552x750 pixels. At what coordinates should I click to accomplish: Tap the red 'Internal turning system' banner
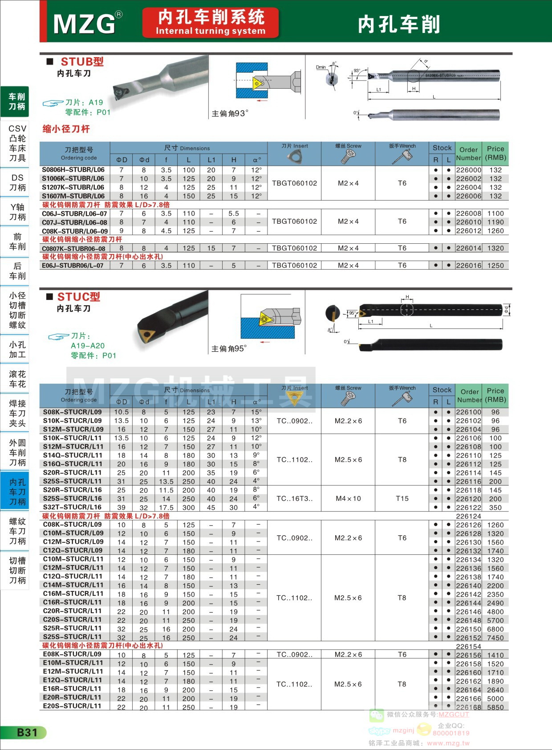[211, 22]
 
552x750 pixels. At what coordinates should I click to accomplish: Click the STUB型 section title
[82, 62]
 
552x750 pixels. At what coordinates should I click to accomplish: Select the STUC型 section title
[79, 297]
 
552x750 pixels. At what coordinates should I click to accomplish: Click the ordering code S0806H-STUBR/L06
[73, 170]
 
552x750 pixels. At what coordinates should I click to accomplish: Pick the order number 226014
[468, 248]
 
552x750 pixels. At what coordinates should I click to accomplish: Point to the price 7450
[495, 638]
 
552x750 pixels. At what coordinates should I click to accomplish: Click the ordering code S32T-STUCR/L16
[72, 507]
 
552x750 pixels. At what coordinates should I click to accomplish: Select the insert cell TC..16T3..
[294, 499]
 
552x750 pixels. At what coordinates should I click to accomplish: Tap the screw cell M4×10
[348, 499]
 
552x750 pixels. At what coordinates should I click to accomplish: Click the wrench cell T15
[402, 499]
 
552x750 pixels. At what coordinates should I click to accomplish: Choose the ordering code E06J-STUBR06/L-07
[73, 266]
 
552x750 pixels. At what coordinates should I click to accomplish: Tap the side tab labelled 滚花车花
[17, 379]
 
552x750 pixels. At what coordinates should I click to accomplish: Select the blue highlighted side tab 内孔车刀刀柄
[17, 492]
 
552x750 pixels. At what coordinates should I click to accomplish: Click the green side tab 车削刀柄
[17, 102]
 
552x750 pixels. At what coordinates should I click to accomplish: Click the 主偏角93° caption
[230, 114]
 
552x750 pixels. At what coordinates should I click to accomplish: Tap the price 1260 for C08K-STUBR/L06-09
[495, 231]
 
